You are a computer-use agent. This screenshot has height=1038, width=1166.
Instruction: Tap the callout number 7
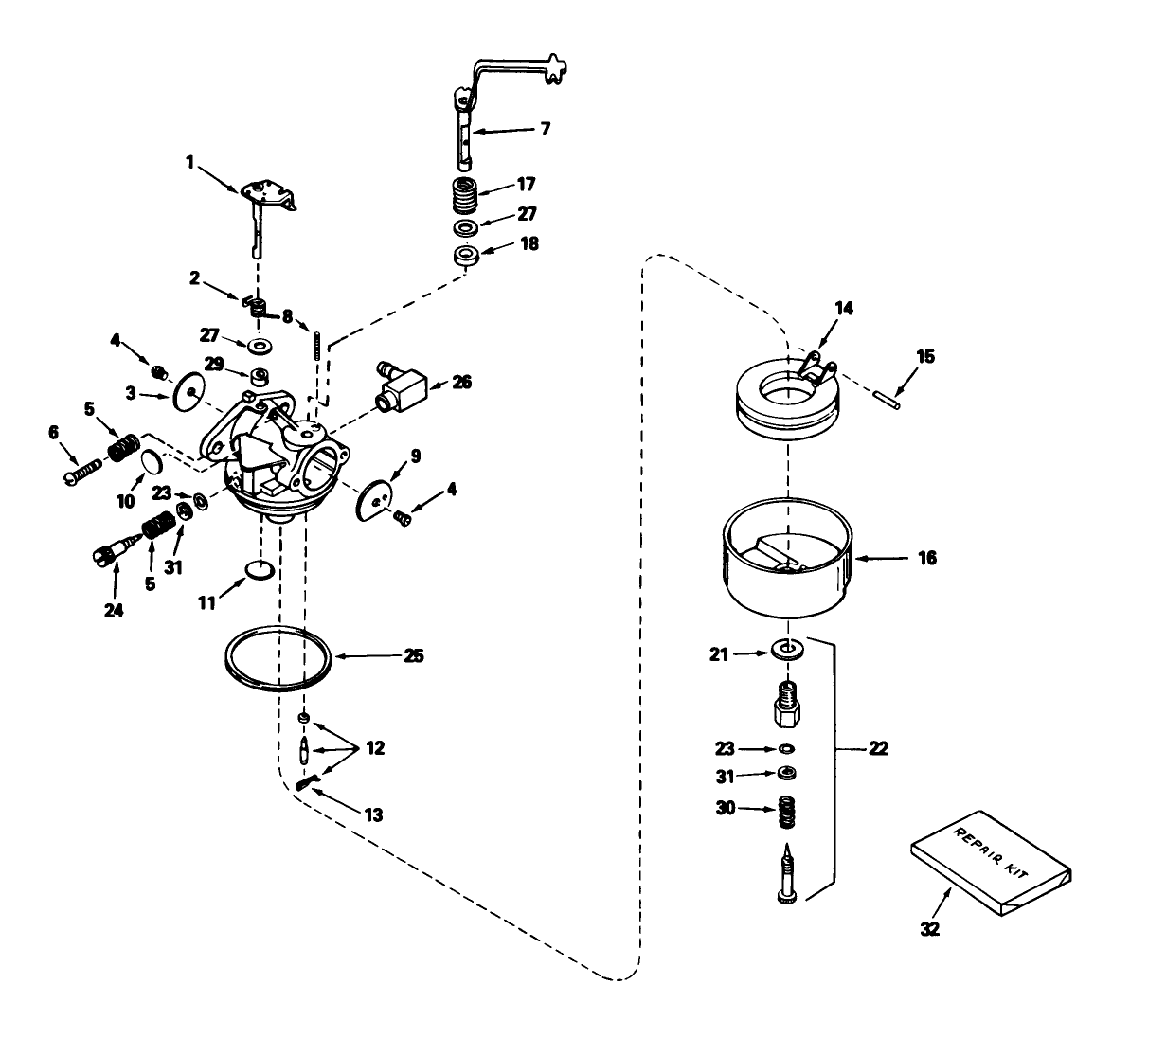point(544,128)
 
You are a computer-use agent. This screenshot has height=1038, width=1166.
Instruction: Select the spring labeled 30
point(785,813)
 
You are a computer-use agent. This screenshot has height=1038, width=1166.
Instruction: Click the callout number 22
point(878,749)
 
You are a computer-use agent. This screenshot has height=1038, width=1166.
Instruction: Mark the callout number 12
point(375,749)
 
